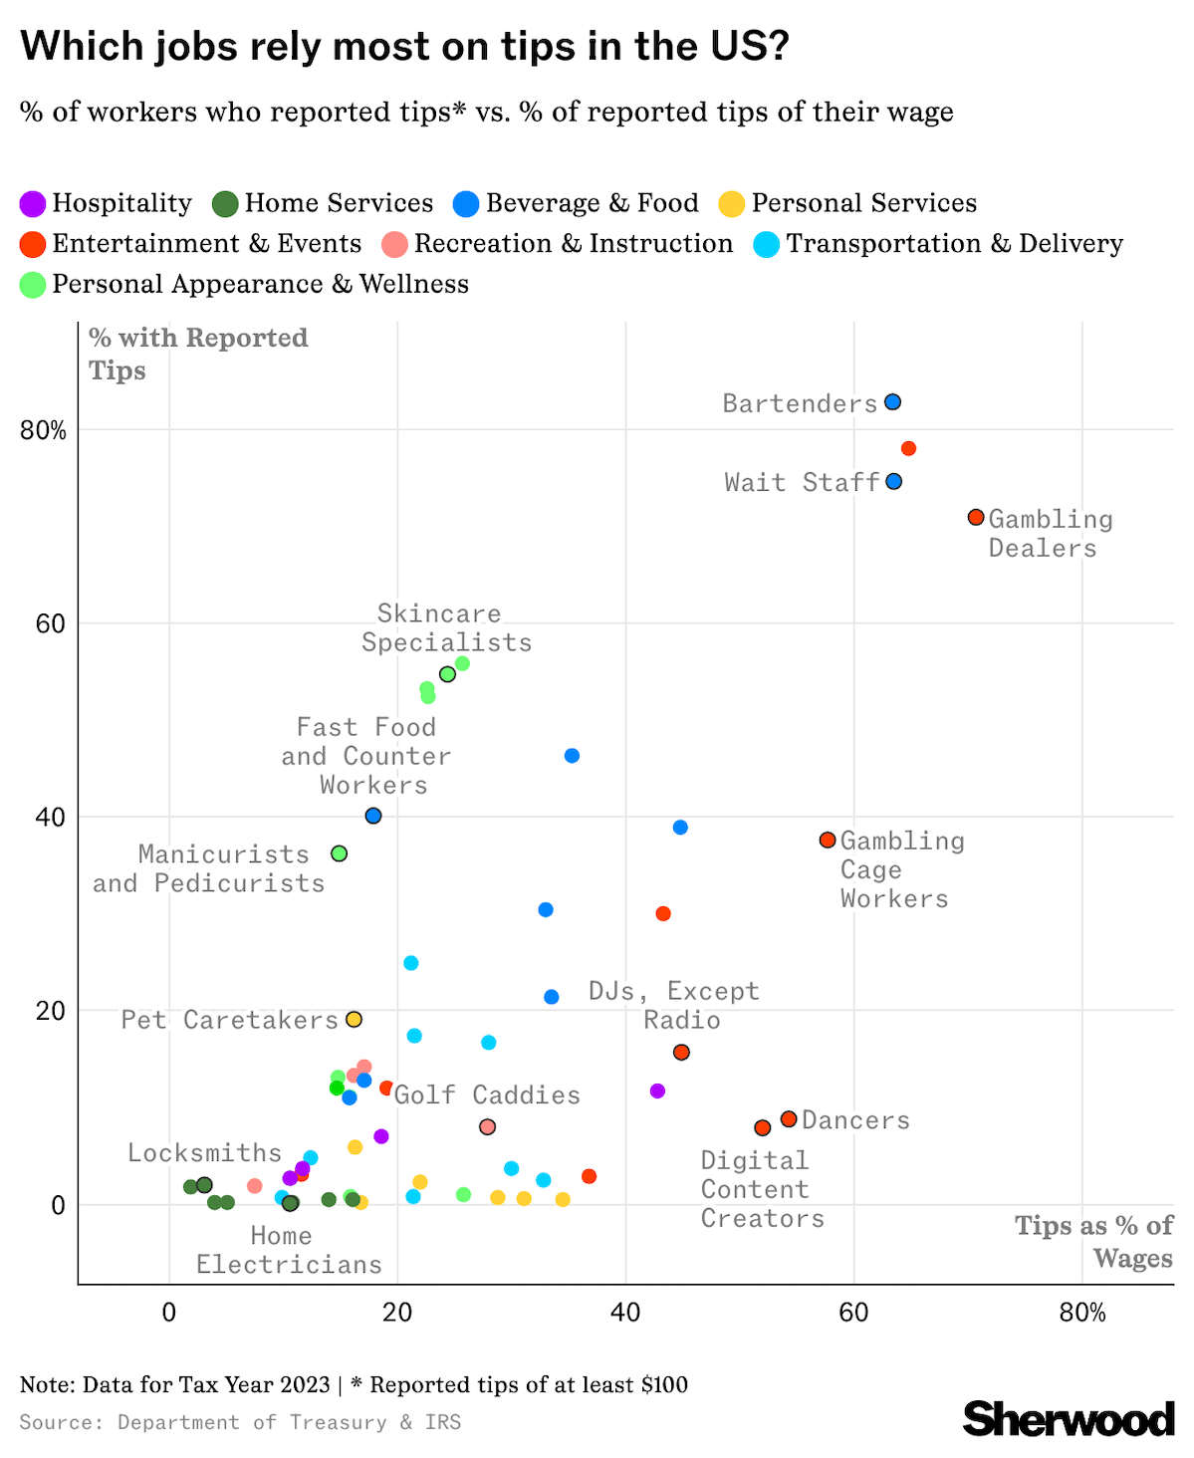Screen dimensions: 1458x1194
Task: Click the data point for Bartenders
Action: coord(892,402)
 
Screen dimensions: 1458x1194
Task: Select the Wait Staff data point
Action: coord(893,482)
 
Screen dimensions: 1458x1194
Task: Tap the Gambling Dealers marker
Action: coord(976,518)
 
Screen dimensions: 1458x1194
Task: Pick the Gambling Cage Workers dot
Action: coord(827,841)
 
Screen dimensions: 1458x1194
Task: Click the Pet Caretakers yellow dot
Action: coord(354,1020)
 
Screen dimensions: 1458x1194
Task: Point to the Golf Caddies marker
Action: coord(487,1127)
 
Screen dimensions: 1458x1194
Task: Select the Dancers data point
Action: coord(789,1119)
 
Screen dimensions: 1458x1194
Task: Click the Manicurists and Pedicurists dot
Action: coord(339,853)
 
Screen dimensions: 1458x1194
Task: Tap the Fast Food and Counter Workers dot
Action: coord(373,816)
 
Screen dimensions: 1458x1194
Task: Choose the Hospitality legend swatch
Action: coord(33,204)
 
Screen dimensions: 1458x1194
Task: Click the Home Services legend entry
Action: coord(324,204)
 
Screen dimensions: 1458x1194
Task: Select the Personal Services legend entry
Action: coord(848,204)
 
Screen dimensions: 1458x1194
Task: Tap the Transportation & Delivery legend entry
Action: coord(940,245)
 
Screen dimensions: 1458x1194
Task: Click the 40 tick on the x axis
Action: coord(625,1313)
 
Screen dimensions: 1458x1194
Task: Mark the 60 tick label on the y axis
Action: coord(52,624)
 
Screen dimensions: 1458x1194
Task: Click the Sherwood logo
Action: coord(1069,1419)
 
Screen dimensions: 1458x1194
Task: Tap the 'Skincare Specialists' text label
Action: coord(446,628)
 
